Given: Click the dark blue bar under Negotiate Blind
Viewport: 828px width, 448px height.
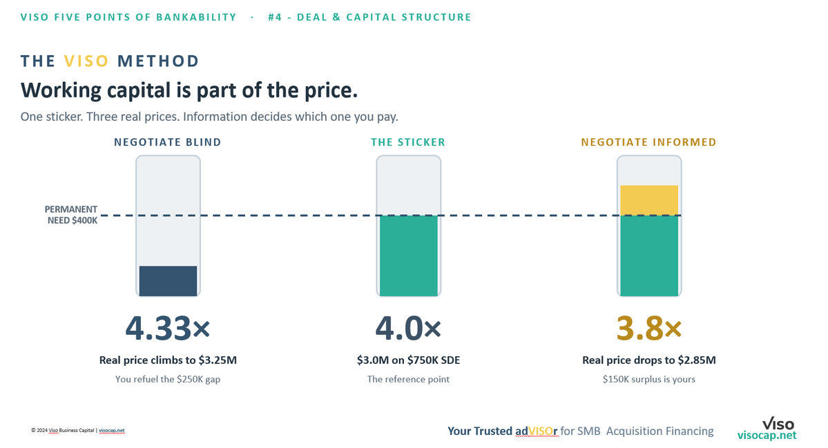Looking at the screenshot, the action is click(x=168, y=281).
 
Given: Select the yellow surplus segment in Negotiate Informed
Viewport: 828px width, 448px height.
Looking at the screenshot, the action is click(x=649, y=200).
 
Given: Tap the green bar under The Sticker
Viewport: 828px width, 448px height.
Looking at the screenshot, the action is click(x=409, y=255).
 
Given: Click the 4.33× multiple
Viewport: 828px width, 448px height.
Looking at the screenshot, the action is click(x=168, y=328).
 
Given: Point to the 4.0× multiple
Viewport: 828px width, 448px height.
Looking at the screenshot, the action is click(x=408, y=328).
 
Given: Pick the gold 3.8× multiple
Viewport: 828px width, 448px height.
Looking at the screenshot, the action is click(x=649, y=328).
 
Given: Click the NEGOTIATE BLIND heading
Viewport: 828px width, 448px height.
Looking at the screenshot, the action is click(x=168, y=142).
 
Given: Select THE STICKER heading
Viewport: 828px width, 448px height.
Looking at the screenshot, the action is click(x=408, y=142).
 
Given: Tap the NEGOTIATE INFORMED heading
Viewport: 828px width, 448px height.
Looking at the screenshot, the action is click(x=649, y=142).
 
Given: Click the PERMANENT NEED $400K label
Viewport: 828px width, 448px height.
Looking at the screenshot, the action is click(x=71, y=215).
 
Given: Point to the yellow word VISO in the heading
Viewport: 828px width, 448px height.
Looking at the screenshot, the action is click(x=86, y=61).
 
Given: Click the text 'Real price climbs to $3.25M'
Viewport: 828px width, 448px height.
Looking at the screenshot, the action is click(x=168, y=360).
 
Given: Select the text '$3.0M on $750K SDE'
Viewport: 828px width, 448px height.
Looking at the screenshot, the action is click(x=408, y=360).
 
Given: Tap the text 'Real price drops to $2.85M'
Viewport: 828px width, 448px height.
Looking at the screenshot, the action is click(x=649, y=360).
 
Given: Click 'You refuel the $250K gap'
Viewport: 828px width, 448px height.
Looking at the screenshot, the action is click(x=168, y=379).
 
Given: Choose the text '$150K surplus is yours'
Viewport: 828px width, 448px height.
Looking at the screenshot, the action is click(x=649, y=379).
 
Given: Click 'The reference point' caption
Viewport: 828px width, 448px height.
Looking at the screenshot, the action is click(x=408, y=379).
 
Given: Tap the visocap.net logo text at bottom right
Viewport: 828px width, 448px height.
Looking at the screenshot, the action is click(x=767, y=436).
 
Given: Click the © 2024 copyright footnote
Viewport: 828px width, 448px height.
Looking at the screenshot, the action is click(x=78, y=430).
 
